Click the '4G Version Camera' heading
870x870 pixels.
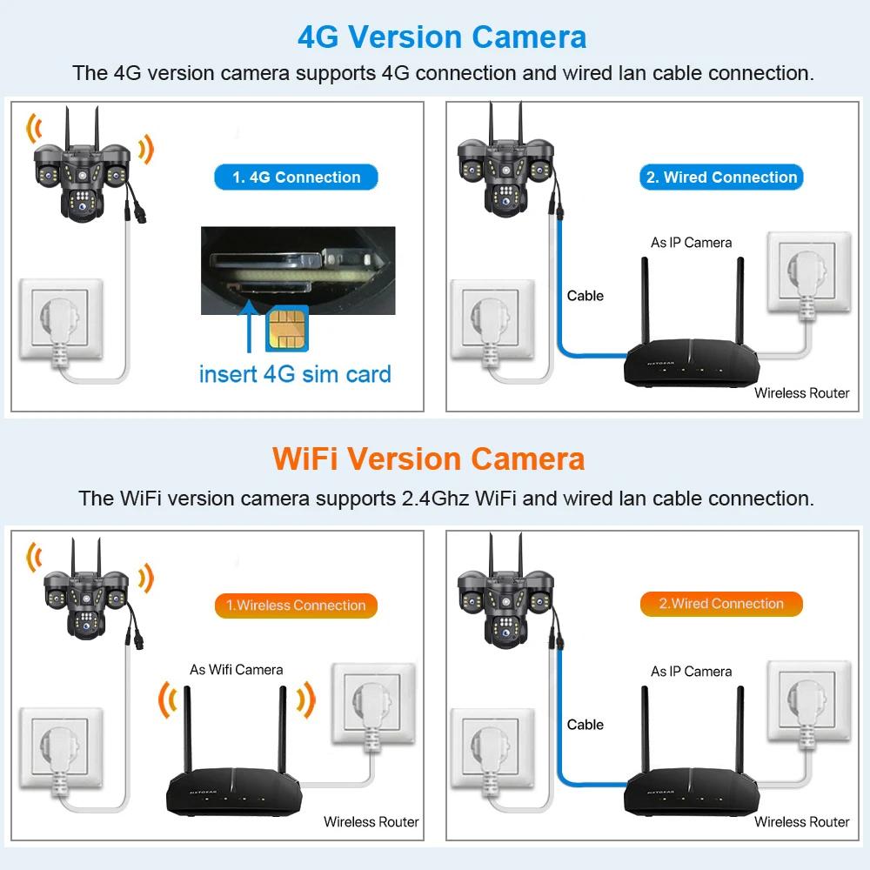[x=442, y=37]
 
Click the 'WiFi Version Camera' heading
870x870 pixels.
[x=428, y=458]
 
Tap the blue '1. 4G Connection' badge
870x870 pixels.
[x=296, y=177]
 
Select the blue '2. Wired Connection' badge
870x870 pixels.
[x=721, y=177]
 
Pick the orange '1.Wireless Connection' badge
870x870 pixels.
[x=296, y=606]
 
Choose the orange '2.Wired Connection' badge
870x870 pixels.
[x=721, y=604]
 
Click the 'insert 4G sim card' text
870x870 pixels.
[x=295, y=374]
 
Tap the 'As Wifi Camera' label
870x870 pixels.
[x=237, y=670]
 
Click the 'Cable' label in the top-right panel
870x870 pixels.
[x=585, y=296]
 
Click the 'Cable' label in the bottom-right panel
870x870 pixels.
[x=585, y=725]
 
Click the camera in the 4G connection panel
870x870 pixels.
[x=82, y=174]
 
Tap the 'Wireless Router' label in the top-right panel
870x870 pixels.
[x=801, y=393]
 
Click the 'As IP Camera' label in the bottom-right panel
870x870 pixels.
[x=691, y=672]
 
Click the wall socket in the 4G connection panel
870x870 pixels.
[x=61, y=318]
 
